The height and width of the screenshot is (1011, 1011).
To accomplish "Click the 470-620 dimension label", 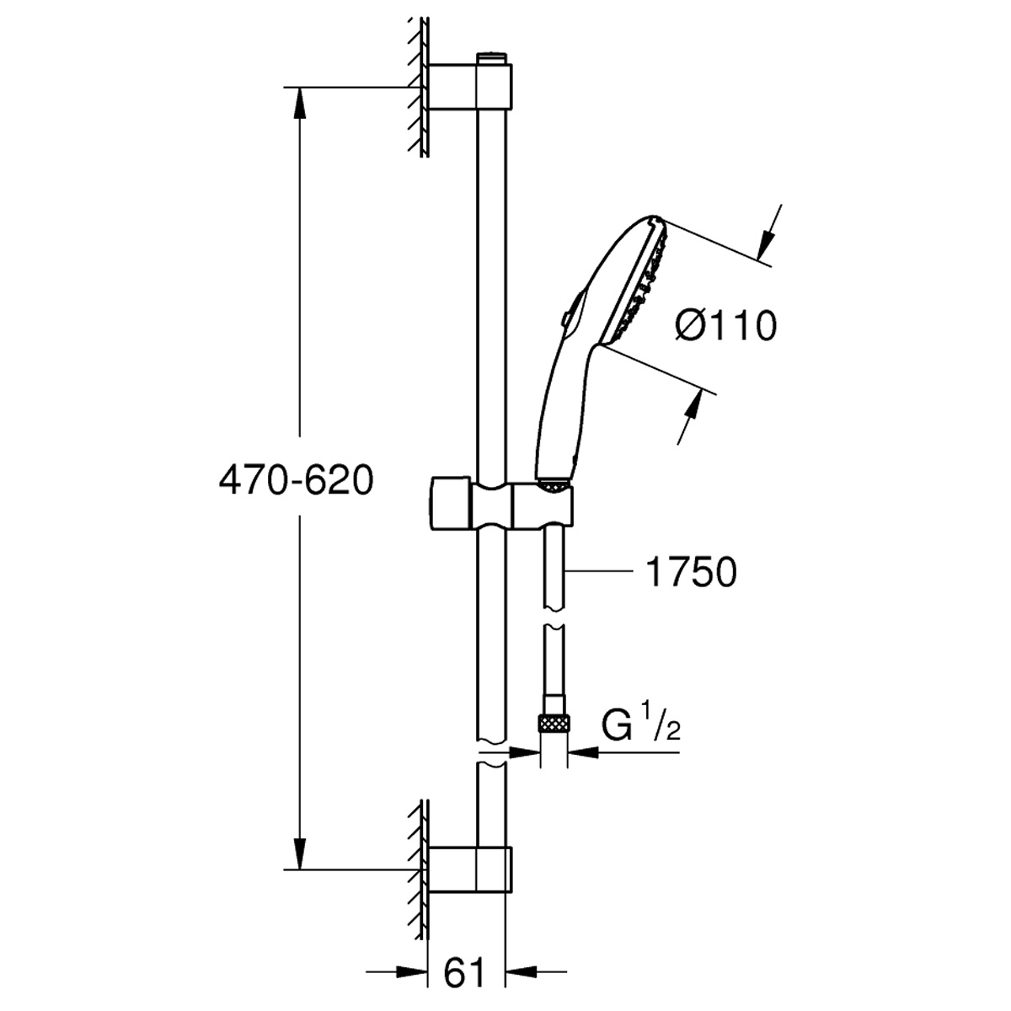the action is tap(296, 480).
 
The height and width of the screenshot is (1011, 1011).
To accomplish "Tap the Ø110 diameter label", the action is tap(725, 325).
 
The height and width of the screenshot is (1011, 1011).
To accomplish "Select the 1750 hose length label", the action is tap(691, 572).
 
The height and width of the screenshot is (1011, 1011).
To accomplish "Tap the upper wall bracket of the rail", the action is tap(470, 87).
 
